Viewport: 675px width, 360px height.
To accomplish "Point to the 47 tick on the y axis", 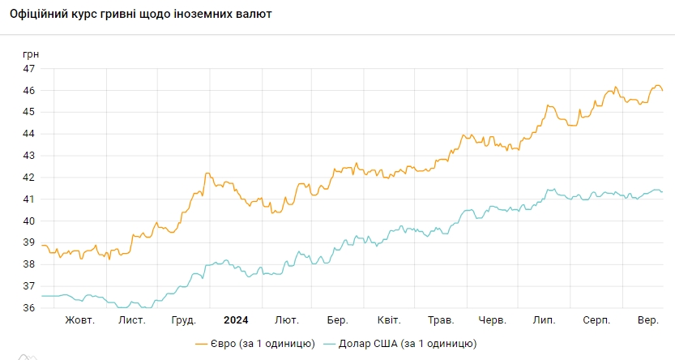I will [x=28, y=69].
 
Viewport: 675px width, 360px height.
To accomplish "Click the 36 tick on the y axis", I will [x=28, y=308].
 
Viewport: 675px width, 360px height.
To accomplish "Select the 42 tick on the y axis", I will [x=28, y=178].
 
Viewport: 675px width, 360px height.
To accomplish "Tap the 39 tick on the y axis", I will [x=28, y=242].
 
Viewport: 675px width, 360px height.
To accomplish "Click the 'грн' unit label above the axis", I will [x=31, y=54].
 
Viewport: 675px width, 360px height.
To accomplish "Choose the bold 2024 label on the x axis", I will [x=237, y=320].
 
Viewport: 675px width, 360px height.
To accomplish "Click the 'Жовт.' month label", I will [x=80, y=320].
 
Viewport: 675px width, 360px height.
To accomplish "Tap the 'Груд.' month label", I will [x=184, y=320].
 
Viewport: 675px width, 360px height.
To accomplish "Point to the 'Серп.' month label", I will [x=597, y=320].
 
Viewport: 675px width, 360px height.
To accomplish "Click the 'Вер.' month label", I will [x=647, y=320].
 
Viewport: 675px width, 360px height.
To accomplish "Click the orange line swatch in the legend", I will [x=203, y=344].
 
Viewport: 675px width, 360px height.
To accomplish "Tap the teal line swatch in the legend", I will [x=330, y=344].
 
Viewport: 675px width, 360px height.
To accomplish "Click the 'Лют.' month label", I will [x=287, y=320].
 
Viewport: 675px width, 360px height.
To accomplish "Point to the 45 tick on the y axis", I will [x=28, y=112].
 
